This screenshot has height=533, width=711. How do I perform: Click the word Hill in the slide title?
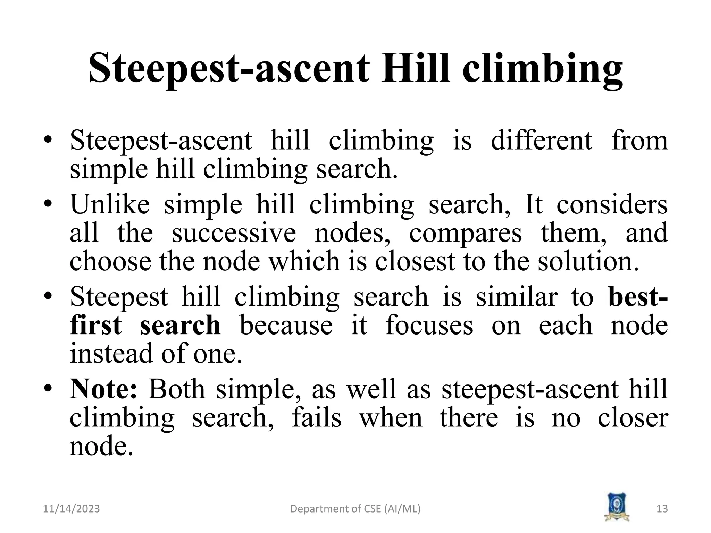(x=416, y=68)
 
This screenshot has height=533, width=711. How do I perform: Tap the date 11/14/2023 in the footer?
(x=71, y=509)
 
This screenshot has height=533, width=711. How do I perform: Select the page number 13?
(x=662, y=509)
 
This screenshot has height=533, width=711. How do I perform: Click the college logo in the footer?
(x=617, y=506)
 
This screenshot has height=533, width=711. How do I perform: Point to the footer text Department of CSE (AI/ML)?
(x=355, y=509)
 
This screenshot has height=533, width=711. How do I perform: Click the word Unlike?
(x=110, y=204)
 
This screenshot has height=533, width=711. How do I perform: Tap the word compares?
(x=465, y=234)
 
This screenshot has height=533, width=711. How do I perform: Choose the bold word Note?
(x=104, y=389)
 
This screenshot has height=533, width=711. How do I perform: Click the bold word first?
(x=96, y=325)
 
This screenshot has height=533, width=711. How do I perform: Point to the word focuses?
(x=429, y=325)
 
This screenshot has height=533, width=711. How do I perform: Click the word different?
(x=541, y=141)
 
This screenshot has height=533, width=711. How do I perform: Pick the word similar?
(x=516, y=297)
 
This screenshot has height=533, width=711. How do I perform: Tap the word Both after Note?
(x=177, y=389)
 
